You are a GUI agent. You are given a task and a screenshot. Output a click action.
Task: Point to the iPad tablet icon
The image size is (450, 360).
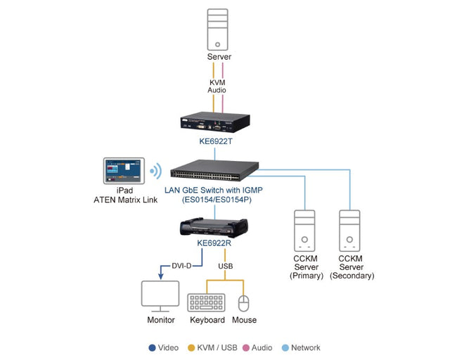point(123,172)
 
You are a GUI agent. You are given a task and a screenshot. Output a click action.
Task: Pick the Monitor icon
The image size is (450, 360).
point(160,297)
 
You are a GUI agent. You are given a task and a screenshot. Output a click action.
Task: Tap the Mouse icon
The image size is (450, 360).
point(244,303)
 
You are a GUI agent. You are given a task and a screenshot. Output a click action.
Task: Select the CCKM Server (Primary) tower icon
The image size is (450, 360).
point(304,230)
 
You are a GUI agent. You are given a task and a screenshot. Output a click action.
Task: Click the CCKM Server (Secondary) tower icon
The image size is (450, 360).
point(352,230)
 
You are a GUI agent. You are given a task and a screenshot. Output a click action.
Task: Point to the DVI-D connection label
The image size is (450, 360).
point(183,265)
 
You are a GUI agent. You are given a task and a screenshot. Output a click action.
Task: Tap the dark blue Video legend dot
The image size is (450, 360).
point(151,347)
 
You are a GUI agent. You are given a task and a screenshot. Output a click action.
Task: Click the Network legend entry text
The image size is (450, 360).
point(305,347)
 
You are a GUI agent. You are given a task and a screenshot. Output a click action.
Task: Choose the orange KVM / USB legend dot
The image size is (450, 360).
point(192,347)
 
